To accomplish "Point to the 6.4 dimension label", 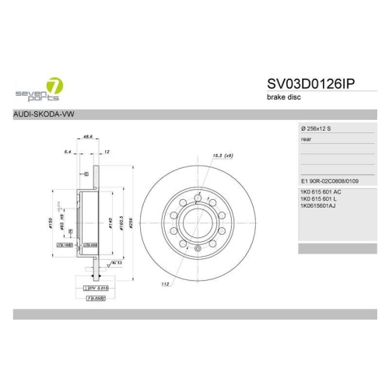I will pos(68,151).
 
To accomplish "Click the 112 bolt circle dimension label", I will pos(166,283).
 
